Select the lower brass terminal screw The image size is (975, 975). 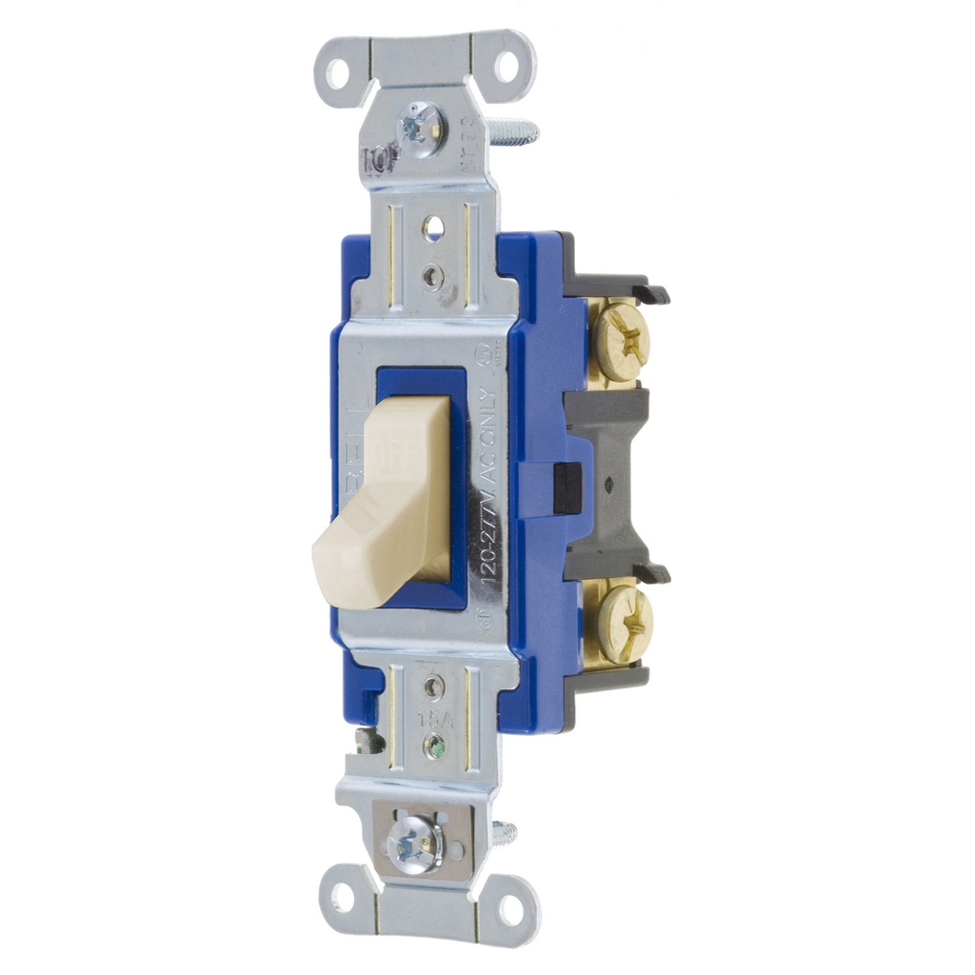624,624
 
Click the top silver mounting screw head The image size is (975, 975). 420,129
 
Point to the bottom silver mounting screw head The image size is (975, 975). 414,844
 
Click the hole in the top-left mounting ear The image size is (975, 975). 338,71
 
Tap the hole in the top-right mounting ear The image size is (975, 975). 506,66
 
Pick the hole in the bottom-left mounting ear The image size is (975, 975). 341,896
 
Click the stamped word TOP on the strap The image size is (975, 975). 382,160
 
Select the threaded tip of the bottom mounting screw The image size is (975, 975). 505,834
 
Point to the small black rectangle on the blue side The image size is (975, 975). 567,487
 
